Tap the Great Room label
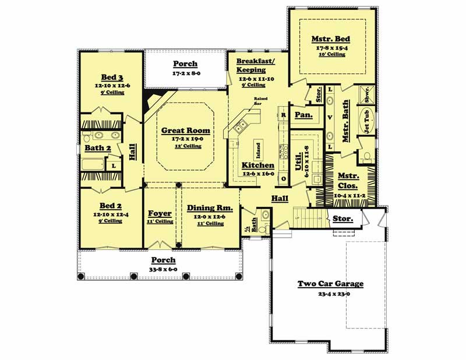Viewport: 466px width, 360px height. pos(185,131)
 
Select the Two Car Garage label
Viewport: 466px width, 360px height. pos(330,284)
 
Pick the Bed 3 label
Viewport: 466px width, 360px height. pos(111,77)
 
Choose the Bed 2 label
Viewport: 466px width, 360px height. pos(111,206)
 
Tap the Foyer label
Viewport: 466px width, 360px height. pos(160,214)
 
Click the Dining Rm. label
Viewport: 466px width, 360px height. pos(210,208)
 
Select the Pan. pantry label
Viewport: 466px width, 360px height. pos(304,115)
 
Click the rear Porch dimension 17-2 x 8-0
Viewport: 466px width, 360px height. pos(185,75)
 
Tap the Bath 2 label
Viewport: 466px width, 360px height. pos(98,148)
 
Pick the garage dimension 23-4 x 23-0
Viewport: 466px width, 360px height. pos(330,295)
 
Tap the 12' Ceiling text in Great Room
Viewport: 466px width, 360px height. pos(185,146)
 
